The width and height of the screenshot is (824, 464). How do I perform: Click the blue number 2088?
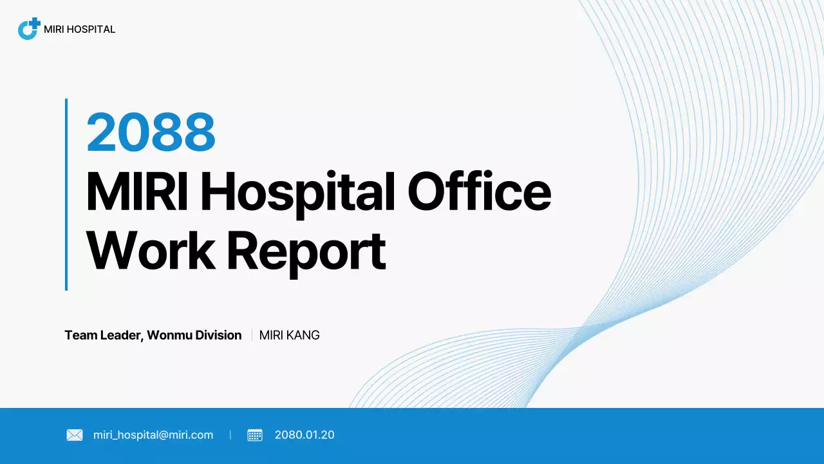click(x=151, y=132)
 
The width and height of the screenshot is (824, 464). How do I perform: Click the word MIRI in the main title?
click(x=136, y=191)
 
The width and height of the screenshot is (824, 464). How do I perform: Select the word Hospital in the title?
click(x=298, y=191)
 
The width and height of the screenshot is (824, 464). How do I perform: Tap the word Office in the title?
click(x=480, y=191)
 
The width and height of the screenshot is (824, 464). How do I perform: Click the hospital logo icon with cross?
click(x=29, y=29)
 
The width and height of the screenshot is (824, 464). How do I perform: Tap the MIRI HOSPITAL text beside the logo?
click(x=79, y=29)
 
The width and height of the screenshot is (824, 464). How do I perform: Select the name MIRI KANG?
click(x=289, y=335)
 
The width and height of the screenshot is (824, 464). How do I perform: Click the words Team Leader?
click(x=103, y=335)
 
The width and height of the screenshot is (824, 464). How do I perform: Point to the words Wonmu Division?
click(x=194, y=335)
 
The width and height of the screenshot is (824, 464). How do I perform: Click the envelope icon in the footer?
click(x=75, y=435)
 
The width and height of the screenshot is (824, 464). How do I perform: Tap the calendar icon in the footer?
click(x=255, y=435)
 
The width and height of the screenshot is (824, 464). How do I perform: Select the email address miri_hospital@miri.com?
click(x=153, y=435)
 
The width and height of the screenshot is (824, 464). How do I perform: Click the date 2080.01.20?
click(x=304, y=435)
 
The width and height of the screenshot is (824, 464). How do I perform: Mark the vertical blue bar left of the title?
click(x=66, y=194)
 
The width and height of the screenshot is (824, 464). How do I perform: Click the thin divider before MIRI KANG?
click(x=252, y=335)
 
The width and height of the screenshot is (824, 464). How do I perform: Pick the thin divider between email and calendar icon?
click(x=230, y=435)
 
